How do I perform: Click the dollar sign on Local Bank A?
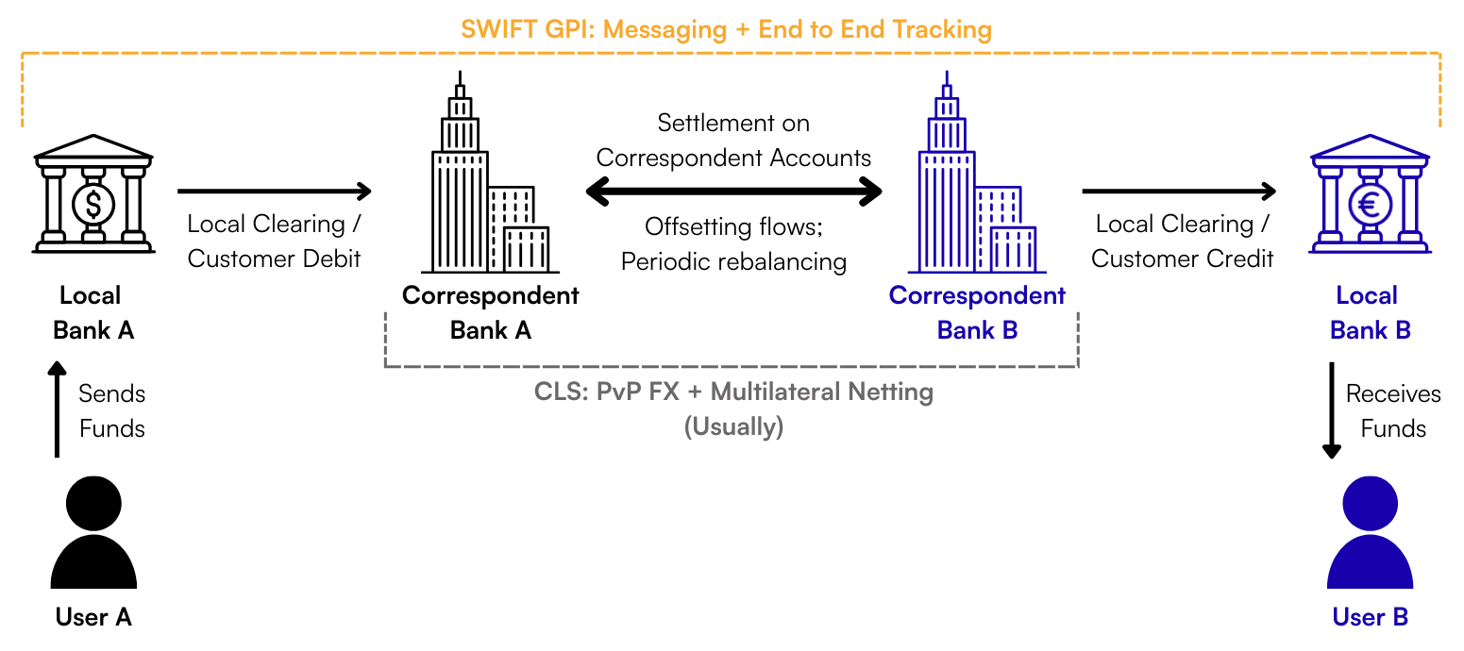(x=93, y=203)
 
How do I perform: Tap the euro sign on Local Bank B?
(x=1370, y=203)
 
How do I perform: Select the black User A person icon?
(x=93, y=533)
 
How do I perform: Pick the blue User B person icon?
(x=1370, y=533)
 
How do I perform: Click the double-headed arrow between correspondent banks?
(x=733, y=192)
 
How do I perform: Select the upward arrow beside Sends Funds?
(x=58, y=409)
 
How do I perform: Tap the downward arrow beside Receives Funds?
(x=1332, y=409)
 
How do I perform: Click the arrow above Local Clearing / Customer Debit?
(x=274, y=192)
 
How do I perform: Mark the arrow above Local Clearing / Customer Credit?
(x=1179, y=192)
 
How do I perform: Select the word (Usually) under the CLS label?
(x=733, y=426)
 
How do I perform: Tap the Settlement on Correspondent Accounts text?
(x=733, y=140)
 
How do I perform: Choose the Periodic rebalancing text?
(x=733, y=261)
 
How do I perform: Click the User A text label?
(x=93, y=617)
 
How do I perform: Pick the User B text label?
(x=1370, y=617)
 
